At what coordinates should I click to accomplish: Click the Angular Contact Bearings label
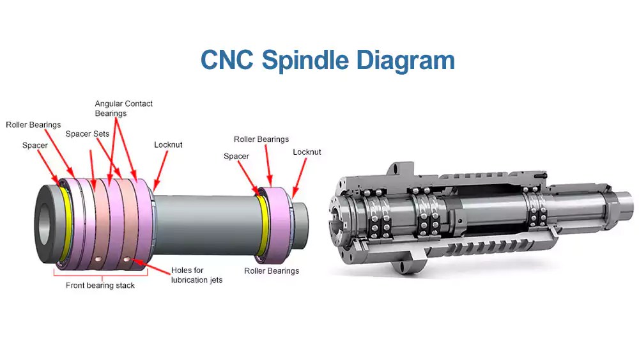pos(124,108)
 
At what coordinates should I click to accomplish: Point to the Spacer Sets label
pos(88,134)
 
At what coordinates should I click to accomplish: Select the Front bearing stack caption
pos(100,286)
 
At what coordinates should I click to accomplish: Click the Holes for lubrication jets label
pos(197,275)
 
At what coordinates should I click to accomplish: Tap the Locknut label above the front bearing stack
pos(168,145)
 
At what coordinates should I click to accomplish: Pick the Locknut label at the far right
pos(307,152)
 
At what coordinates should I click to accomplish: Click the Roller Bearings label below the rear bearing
pos(272,271)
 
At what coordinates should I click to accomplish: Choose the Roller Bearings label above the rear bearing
pos(261,139)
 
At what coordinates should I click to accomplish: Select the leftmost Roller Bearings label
pos(33,125)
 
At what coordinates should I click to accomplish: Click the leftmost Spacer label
pos(35,146)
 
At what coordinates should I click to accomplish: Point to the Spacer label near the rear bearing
pos(236,156)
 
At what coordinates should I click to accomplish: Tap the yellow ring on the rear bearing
pos(263,227)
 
